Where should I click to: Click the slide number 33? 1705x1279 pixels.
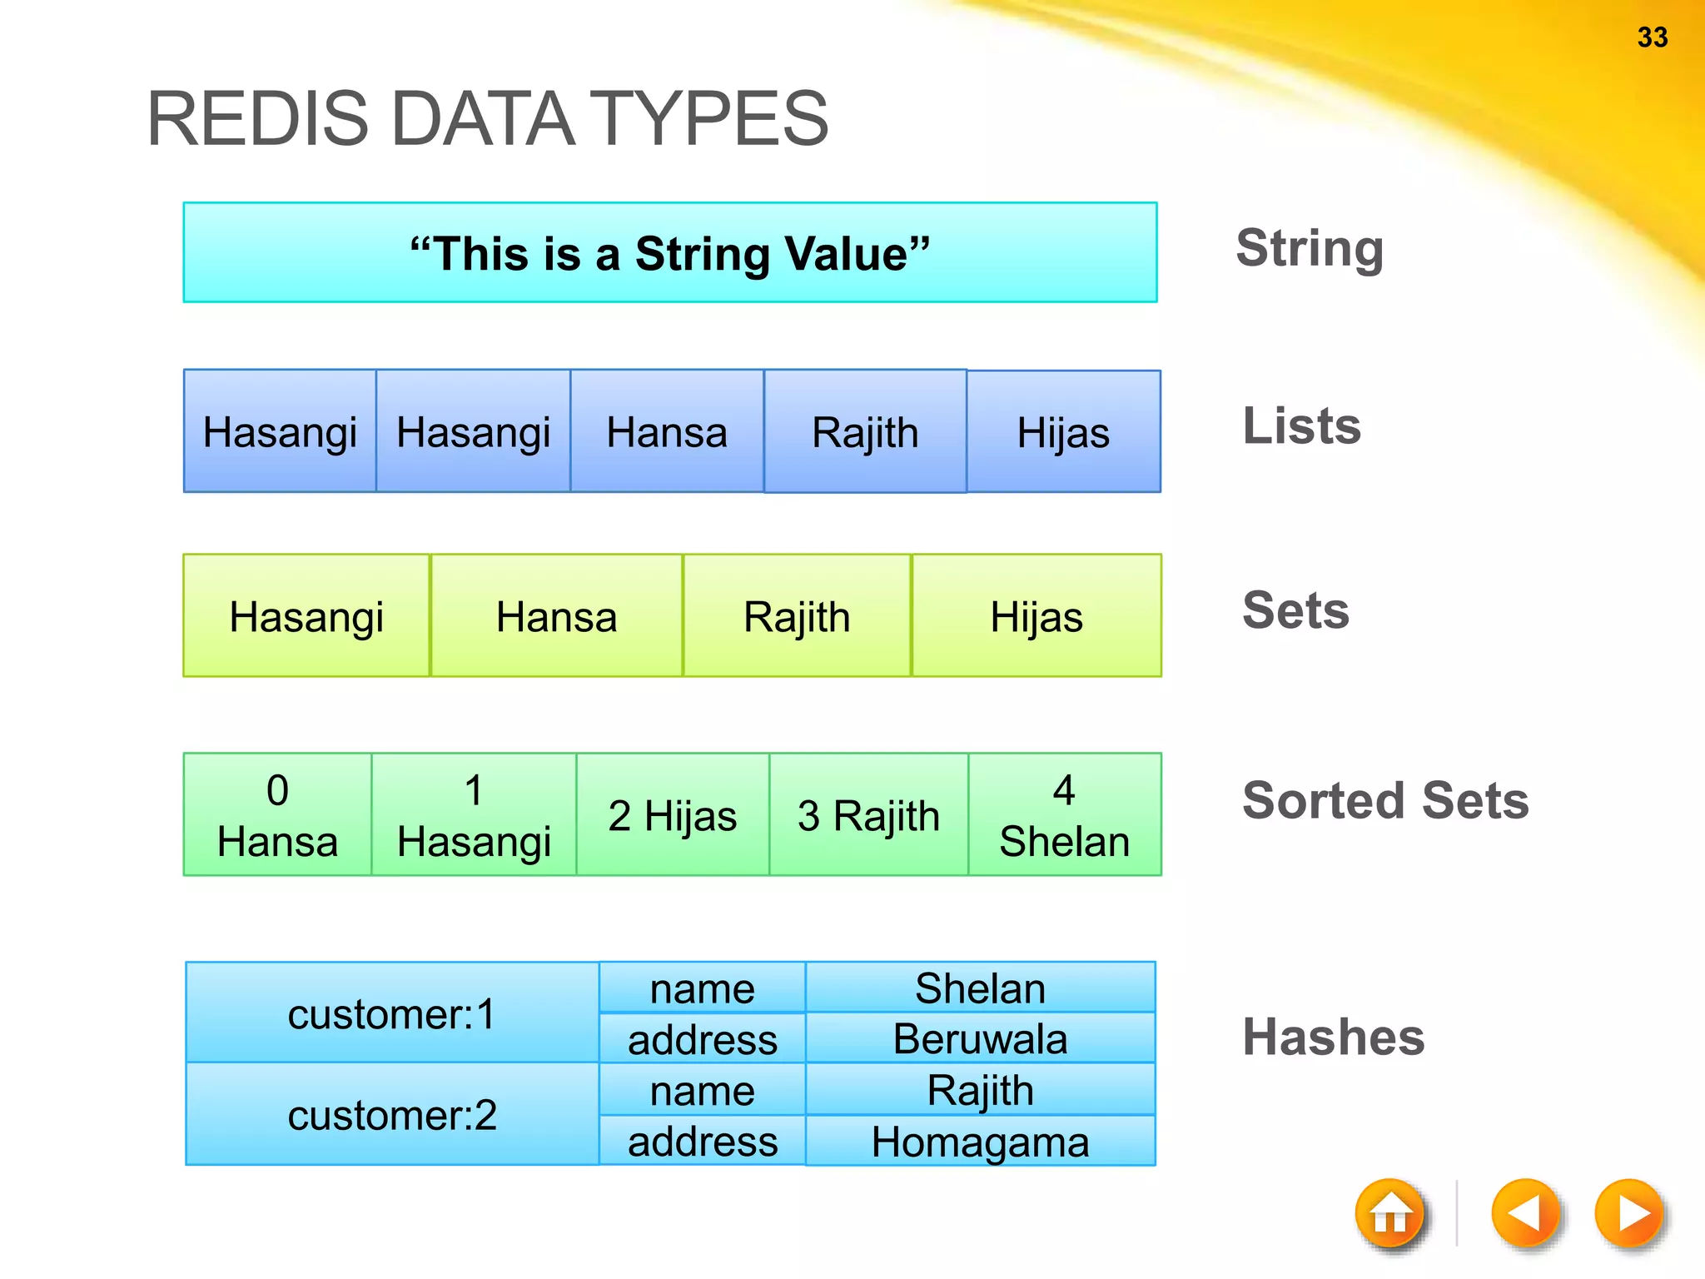(x=1652, y=37)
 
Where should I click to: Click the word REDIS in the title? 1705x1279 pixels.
(x=257, y=119)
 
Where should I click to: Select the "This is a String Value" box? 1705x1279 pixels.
(x=669, y=253)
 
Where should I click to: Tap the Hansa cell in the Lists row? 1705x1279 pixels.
(x=667, y=432)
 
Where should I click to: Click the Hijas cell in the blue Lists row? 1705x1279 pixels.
(x=1063, y=432)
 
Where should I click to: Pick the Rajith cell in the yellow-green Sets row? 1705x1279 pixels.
(x=797, y=616)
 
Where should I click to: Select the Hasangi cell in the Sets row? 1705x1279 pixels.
(x=306, y=616)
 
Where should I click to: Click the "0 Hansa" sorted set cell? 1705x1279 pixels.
(x=277, y=814)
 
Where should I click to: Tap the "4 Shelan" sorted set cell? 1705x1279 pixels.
(x=1064, y=814)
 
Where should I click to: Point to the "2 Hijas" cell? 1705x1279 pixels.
(x=672, y=814)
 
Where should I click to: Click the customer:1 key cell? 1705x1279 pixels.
(x=392, y=1013)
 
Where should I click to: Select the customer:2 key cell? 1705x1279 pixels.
(x=392, y=1114)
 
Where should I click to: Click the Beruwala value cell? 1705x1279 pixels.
(x=980, y=1038)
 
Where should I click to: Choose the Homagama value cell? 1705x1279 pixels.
(x=980, y=1141)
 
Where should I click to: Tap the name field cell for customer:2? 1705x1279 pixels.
(x=702, y=1090)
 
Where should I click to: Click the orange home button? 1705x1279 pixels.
(x=1389, y=1214)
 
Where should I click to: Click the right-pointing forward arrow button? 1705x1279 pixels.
(x=1629, y=1214)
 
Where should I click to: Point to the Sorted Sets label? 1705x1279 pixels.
(x=1385, y=800)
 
